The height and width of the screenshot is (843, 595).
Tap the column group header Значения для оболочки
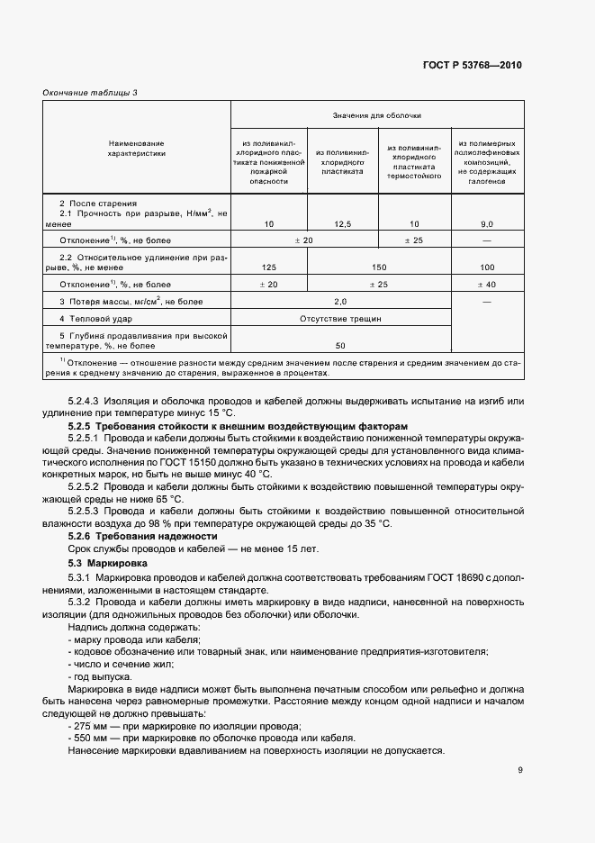377,115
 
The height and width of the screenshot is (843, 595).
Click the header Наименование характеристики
137,148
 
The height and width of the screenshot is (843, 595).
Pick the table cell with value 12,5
341,222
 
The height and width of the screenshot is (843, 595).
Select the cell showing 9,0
487,222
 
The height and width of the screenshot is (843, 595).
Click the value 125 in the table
268,267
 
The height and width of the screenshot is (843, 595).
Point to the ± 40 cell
487,285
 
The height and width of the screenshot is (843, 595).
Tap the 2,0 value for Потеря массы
341,302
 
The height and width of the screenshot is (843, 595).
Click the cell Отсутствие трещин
341,319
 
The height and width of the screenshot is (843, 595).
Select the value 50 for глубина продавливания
341,345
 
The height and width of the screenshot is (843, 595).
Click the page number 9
520,770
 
